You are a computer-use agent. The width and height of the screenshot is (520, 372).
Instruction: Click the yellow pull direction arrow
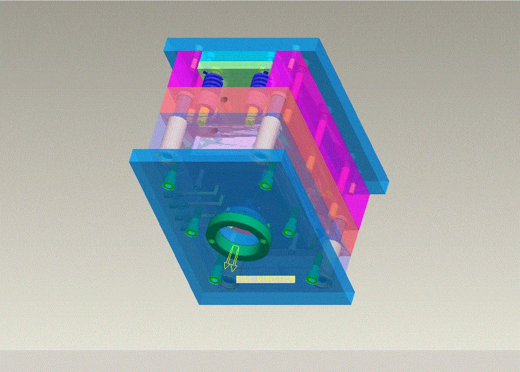(x=230, y=259)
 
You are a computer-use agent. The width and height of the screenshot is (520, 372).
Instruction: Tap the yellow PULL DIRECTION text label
(x=265, y=279)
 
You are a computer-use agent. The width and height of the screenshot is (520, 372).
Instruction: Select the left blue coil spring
(x=213, y=80)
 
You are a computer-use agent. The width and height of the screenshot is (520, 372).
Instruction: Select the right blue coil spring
(x=260, y=79)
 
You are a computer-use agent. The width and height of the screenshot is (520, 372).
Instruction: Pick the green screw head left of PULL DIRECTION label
(x=215, y=280)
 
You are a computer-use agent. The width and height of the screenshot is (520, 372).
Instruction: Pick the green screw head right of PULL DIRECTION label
(x=311, y=280)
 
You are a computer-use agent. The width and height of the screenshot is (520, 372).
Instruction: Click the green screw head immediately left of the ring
(x=191, y=231)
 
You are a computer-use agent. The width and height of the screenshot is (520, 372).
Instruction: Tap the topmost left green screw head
(x=169, y=185)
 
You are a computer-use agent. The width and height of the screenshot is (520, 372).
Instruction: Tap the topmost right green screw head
(x=265, y=185)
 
